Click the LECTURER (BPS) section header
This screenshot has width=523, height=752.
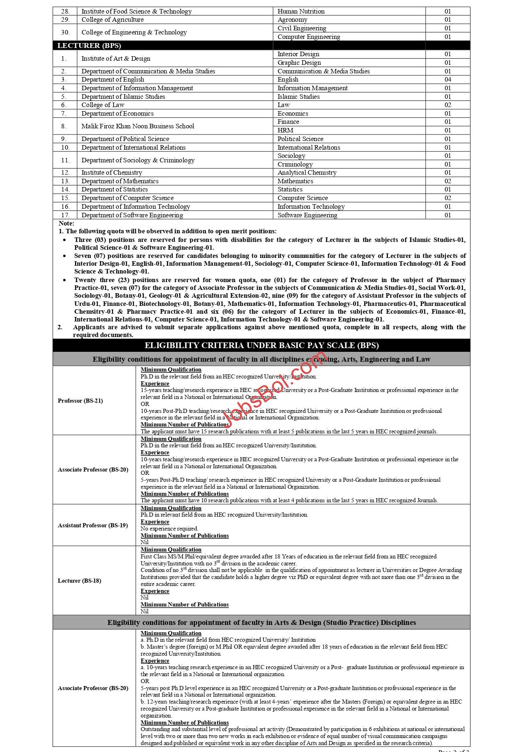point(89,46)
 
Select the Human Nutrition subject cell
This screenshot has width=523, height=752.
point(301,11)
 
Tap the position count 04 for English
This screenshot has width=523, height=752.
point(448,80)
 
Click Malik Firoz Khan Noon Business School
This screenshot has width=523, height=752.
point(137,126)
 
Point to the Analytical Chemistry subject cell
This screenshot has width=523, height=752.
point(307,173)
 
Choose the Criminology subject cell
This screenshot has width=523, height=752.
point(295,164)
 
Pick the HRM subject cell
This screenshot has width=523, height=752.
point(285,130)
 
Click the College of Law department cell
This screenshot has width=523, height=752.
point(103,105)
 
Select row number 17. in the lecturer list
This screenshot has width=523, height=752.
point(65,215)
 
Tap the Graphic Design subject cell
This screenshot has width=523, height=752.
point(299,63)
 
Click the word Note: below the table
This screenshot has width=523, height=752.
point(66,223)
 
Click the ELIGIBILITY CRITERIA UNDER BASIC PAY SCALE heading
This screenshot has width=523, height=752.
point(261,346)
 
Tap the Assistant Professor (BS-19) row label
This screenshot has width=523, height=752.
point(93,525)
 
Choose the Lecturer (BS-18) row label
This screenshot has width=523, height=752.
point(80,581)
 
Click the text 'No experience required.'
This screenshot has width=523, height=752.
point(169,529)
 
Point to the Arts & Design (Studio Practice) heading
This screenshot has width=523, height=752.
point(261,622)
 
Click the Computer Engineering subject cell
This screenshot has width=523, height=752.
point(308,37)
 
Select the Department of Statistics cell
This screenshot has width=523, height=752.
point(114,189)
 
